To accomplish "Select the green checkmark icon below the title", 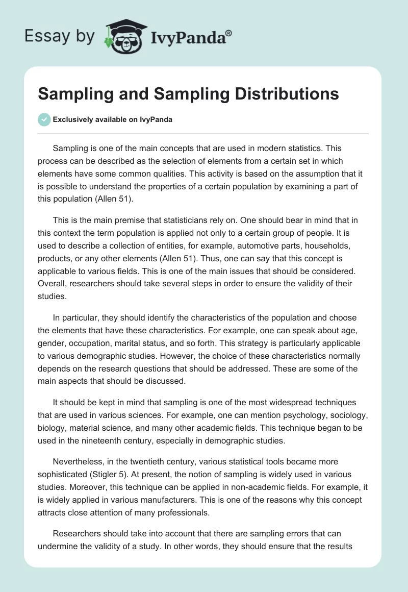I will (44, 119).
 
